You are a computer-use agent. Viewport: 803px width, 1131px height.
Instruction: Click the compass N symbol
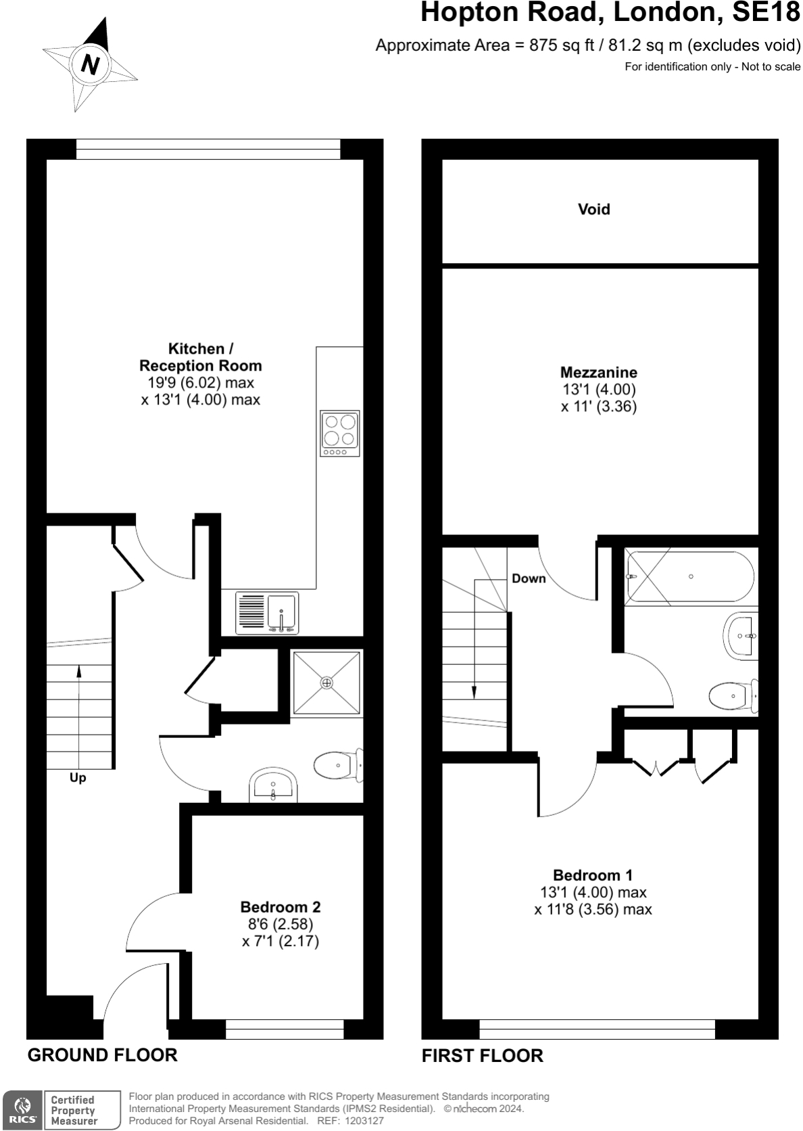pos(90,64)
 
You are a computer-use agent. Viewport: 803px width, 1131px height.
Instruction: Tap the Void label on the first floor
pos(593,210)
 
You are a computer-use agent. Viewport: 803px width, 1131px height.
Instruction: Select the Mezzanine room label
pos(598,373)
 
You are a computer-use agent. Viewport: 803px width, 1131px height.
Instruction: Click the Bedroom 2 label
pos(281,907)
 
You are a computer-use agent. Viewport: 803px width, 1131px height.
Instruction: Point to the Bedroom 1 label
pos(593,875)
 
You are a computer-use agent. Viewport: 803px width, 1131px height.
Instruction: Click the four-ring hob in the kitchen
pos(340,433)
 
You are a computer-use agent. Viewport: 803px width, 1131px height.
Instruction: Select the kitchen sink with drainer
pos(267,613)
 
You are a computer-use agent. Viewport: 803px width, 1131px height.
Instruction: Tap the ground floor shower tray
pos(327,683)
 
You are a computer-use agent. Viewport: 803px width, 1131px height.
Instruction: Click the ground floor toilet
pos(337,766)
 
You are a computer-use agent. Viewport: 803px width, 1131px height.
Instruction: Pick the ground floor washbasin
pos(273,785)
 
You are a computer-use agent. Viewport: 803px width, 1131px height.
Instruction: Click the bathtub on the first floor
pos(690,577)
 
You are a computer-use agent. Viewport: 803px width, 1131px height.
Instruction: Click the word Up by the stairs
pos(78,778)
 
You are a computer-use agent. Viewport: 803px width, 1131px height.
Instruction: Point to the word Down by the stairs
pos(529,578)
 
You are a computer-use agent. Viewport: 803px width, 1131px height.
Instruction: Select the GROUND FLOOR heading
pos(102,1055)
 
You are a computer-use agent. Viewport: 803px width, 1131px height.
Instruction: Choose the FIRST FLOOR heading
pos(482,1056)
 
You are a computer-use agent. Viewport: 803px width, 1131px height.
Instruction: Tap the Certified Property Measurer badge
pos(73,1110)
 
